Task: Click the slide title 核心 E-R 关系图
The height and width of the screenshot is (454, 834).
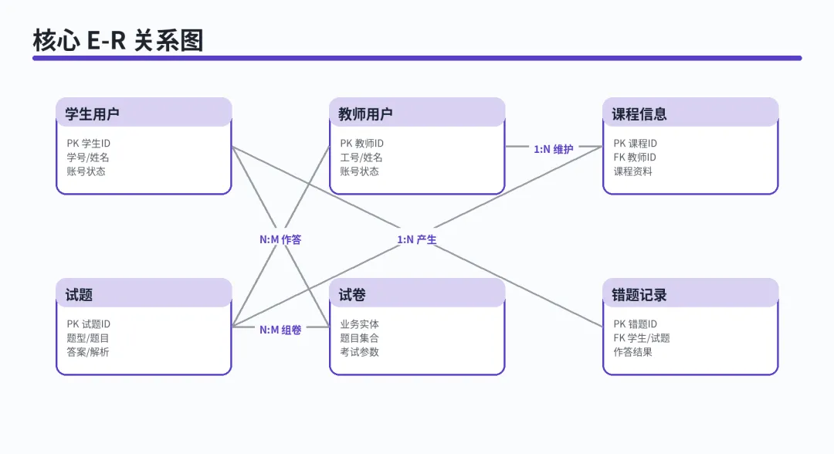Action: coord(118,40)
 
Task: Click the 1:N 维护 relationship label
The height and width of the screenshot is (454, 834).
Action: coord(554,149)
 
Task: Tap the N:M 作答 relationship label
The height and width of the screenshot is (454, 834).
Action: coord(280,240)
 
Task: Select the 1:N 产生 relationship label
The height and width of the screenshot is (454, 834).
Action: coord(417,240)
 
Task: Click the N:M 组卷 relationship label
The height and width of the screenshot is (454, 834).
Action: coord(280,330)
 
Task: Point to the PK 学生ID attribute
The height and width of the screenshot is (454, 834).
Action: coord(88,144)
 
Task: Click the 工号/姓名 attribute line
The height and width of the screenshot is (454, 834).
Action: coord(361,158)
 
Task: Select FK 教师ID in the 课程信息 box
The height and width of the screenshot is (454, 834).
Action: coord(635,158)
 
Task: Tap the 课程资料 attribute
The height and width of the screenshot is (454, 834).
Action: coord(632,171)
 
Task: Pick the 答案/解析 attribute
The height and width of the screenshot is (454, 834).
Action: coord(88,352)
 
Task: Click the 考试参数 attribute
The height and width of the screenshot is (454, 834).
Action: coord(360,352)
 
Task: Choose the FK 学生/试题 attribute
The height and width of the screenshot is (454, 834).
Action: coord(642,338)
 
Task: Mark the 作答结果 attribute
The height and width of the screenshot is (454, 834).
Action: coord(632,352)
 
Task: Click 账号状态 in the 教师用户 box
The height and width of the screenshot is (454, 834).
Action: coord(360,171)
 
